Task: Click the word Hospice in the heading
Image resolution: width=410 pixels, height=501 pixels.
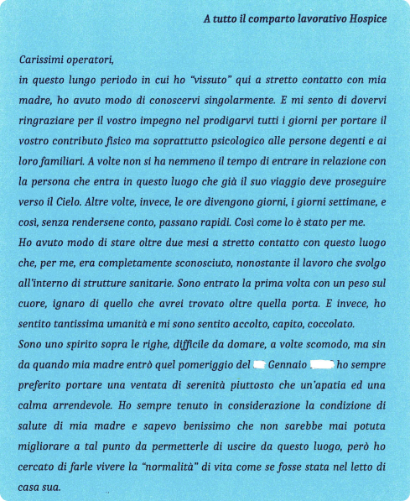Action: [366, 20]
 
